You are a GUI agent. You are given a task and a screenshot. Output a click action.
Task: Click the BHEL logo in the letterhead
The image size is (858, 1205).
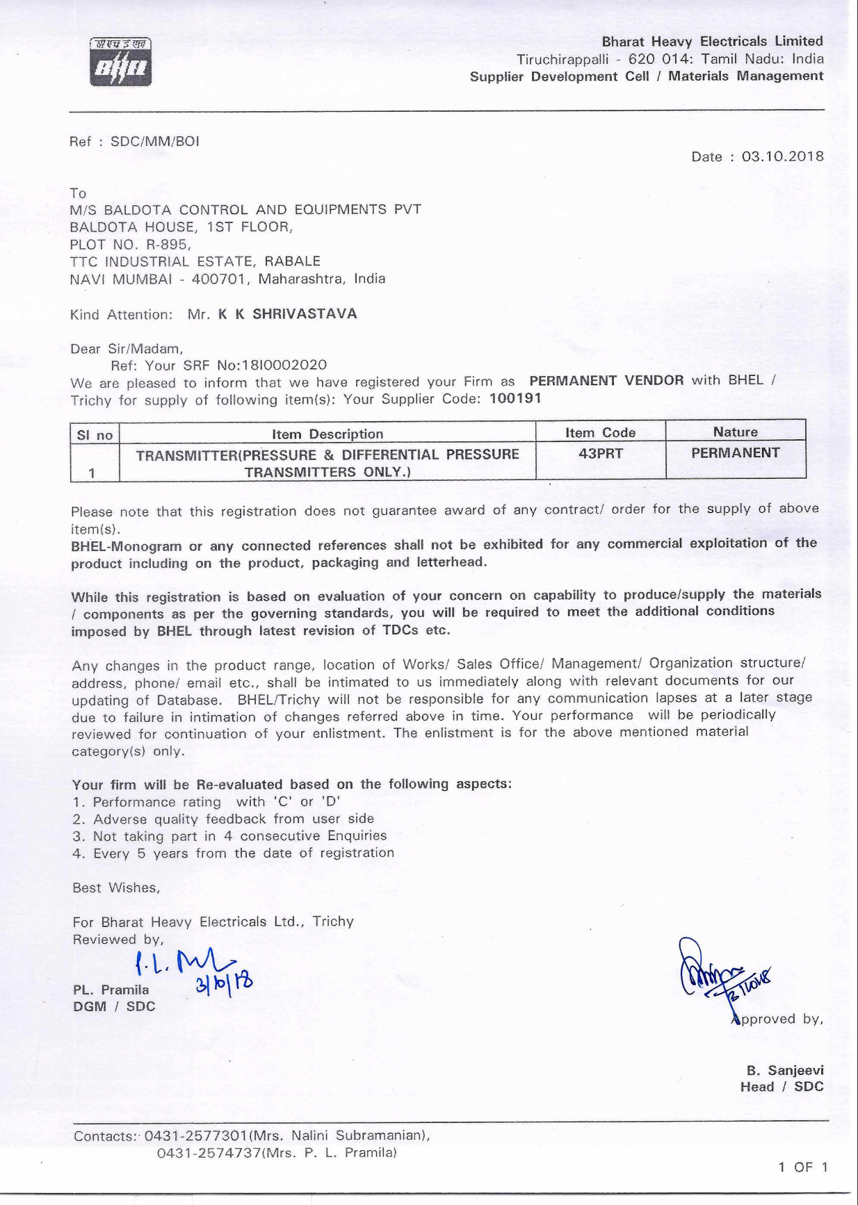[x=120, y=63]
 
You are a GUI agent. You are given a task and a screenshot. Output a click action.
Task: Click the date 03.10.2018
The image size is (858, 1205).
[x=782, y=156]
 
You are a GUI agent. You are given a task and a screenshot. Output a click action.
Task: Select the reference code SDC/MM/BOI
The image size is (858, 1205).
[x=155, y=142]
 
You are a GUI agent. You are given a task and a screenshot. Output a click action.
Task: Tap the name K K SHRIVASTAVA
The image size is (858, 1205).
[x=287, y=314]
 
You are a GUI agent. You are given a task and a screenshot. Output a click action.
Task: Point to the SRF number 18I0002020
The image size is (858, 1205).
[x=283, y=365]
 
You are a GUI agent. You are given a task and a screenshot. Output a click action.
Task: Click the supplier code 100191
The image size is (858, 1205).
[x=515, y=398]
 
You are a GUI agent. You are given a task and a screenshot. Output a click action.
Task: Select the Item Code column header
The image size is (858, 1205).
[x=600, y=432]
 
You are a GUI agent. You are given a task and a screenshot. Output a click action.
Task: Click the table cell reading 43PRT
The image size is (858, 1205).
[x=601, y=454]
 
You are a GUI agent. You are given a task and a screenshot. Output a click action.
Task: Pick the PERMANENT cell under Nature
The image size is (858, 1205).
[x=735, y=453]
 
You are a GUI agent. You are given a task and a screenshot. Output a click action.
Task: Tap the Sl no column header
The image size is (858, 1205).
[x=95, y=435]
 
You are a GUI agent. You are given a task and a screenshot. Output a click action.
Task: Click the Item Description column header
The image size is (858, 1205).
[x=327, y=434]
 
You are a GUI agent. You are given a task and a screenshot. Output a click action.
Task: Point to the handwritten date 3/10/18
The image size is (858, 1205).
[x=224, y=982]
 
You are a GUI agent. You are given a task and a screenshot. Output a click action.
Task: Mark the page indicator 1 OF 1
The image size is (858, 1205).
[x=803, y=1167]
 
